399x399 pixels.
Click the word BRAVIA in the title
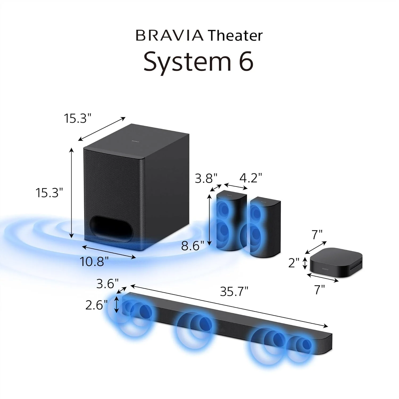click(x=169, y=36)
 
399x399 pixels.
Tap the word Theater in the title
click(x=235, y=36)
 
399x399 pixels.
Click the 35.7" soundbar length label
click(x=234, y=292)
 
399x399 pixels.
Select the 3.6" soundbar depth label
click(x=107, y=284)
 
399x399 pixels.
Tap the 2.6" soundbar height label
click(x=96, y=305)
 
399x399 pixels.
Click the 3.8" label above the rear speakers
click(x=206, y=178)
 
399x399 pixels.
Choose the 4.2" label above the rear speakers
click(x=251, y=178)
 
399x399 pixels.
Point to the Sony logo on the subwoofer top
click(x=135, y=142)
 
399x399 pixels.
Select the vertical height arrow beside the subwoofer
click(x=71, y=193)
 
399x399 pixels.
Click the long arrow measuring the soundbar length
click(x=229, y=306)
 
